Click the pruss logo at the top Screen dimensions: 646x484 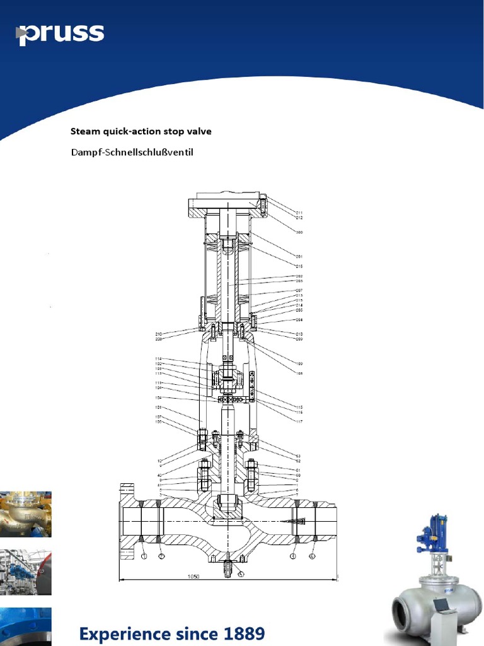coord(60,34)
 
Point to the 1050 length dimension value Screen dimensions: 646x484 coord(193,577)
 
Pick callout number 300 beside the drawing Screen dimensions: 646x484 coord(299,232)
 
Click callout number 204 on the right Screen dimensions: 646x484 coord(299,320)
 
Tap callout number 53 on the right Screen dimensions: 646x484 coord(297,455)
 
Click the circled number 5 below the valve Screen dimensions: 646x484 coord(241,574)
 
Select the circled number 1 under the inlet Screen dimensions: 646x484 coord(144,556)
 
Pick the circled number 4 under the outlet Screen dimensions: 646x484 coord(312,556)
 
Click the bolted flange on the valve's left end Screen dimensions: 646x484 coord(127,521)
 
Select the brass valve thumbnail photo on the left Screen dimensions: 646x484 coord(25,514)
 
